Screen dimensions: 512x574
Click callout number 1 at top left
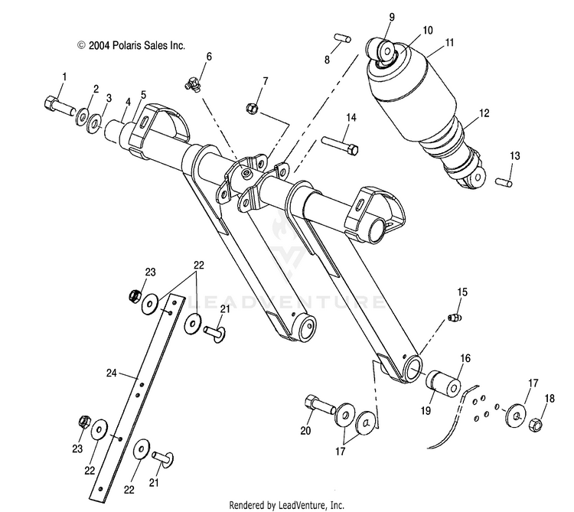click(x=64, y=77)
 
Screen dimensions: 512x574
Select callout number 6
click(x=209, y=57)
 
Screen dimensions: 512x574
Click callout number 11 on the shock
click(x=449, y=44)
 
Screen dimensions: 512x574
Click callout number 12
click(x=484, y=113)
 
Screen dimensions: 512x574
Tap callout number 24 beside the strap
click(x=112, y=373)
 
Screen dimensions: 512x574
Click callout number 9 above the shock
click(x=392, y=17)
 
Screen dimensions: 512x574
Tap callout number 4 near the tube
click(x=128, y=102)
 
